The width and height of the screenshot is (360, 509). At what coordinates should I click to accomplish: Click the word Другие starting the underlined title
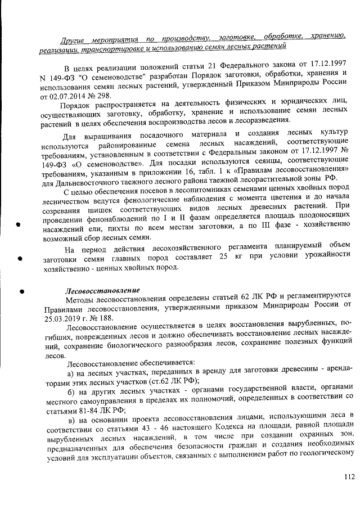click(x=75, y=37)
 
